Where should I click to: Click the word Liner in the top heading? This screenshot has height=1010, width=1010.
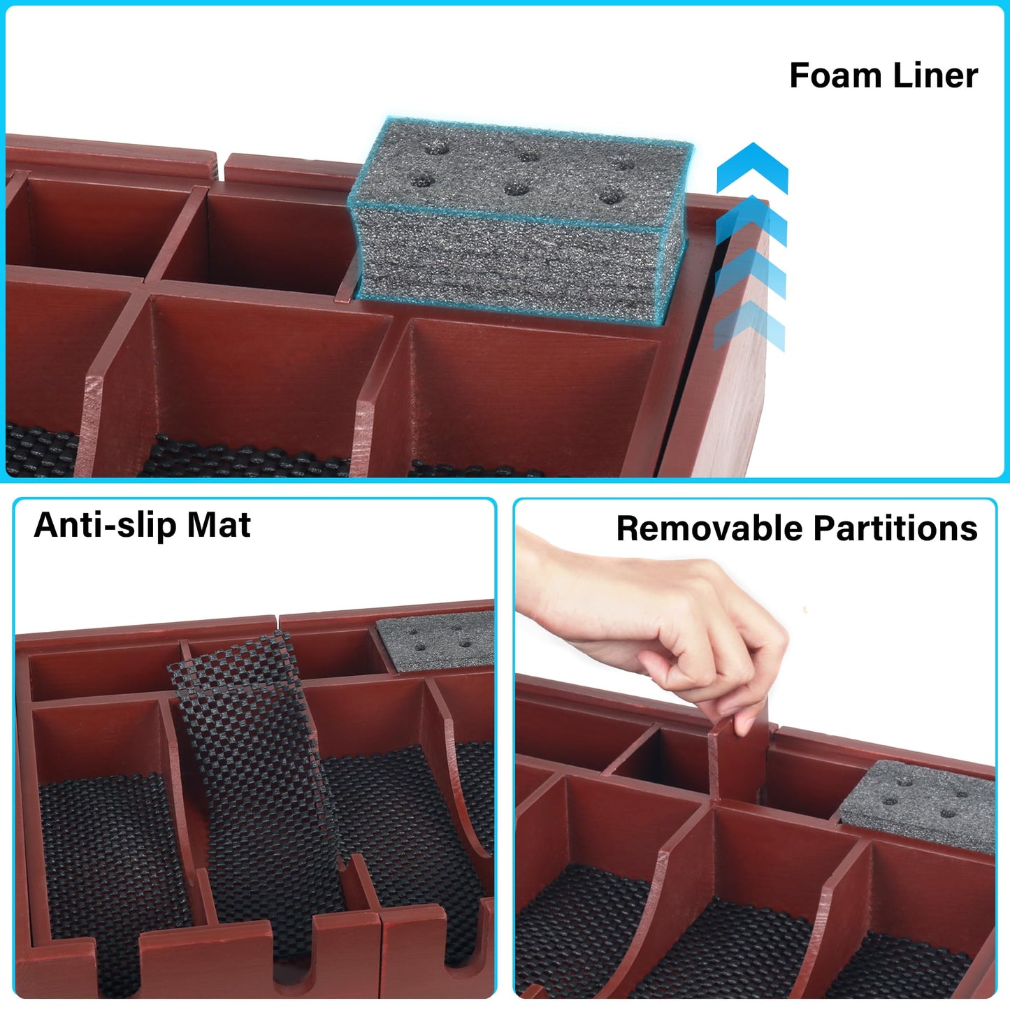click(935, 75)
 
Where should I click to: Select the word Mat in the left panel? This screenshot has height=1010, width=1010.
click(219, 525)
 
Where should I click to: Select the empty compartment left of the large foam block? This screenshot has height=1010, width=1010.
click(273, 238)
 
